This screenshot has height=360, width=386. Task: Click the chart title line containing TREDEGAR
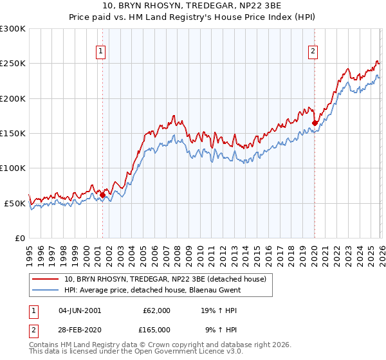[193, 6]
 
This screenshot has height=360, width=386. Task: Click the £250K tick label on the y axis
[13, 64]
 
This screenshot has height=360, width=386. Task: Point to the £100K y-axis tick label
[13, 168]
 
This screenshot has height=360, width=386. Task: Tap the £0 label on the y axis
[19, 238]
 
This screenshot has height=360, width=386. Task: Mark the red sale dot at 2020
[315, 123]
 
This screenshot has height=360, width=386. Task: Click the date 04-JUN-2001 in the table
[80, 310]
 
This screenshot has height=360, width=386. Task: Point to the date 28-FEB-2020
[80, 329]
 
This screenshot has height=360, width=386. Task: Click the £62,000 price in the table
[156, 310]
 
